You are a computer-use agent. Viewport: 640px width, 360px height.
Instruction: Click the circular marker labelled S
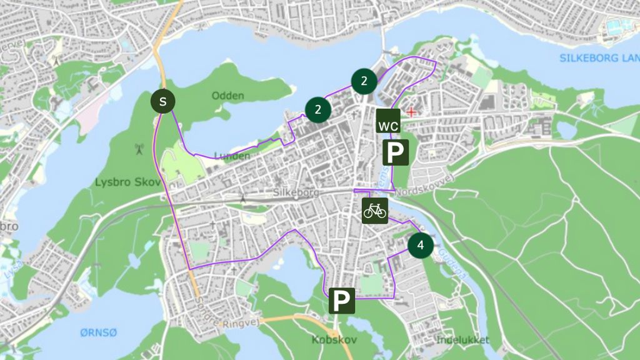[x=163, y=101]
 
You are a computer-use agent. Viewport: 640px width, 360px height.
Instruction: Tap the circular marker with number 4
[x=421, y=246]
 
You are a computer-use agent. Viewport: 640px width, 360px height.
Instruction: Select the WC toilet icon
[x=387, y=121]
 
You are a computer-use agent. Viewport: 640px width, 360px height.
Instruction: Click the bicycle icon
[x=375, y=211]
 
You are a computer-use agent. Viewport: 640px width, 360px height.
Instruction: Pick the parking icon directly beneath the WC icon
[x=396, y=152]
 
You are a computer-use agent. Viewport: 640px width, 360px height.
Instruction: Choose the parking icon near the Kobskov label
[x=342, y=301]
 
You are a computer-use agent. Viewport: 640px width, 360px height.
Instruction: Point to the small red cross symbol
[x=411, y=112]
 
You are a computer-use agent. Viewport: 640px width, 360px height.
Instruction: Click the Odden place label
[x=227, y=96]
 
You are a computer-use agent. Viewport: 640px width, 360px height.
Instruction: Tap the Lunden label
[x=232, y=156]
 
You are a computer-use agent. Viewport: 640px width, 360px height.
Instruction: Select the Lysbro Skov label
[x=120, y=182]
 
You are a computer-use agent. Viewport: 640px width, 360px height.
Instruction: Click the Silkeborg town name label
[x=296, y=193]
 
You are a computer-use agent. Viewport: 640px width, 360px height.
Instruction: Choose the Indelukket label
[x=463, y=340]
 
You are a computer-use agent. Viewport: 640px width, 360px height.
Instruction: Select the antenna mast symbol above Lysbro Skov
[x=139, y=149]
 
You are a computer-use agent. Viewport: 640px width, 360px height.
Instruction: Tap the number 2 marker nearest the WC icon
[x=364, y=80]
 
